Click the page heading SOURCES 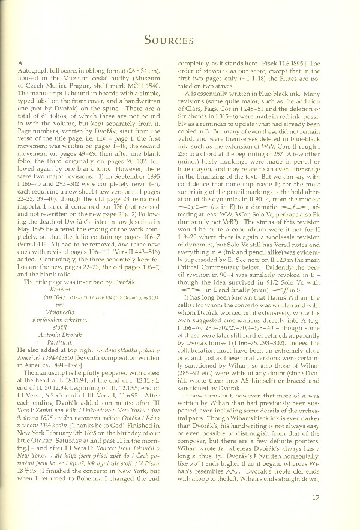click(x=179, y=40)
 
